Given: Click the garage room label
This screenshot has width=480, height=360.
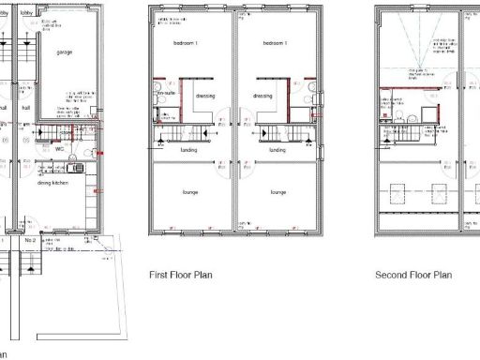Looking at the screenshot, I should [x=65, y=52].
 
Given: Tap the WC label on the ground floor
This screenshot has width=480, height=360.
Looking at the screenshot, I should [x=59, y=148].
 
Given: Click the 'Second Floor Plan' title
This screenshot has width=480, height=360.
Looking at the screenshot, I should [x=413, y=275].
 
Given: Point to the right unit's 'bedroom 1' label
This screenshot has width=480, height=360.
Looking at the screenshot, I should [x=273, y=44].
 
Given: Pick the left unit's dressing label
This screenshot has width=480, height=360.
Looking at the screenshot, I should [x=205, y=95].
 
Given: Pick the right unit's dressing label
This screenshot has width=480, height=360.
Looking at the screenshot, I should [x=262, y=95].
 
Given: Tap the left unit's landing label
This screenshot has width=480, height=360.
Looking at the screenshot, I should [x=187, y=149].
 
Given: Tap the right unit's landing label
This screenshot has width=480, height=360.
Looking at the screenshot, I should [x=277, y=149].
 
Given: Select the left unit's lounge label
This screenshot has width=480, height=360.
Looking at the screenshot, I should [x=190, y=192].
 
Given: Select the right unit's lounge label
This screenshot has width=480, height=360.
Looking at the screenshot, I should [x=277, y=192].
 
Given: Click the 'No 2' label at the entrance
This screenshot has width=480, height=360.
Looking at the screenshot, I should [x=30, y=241].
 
